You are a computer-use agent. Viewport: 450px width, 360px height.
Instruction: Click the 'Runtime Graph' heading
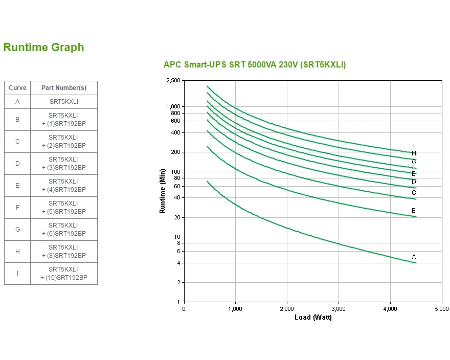(x=43, y=48)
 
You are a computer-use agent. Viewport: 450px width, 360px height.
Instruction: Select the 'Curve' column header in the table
(x=17, y=88)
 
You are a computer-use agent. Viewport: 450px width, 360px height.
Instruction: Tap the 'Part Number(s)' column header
(x=64, y=88)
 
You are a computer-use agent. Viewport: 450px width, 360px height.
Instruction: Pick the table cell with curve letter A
(x=17, y=102)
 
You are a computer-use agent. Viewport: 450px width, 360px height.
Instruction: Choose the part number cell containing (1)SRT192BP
(x=64, y=120)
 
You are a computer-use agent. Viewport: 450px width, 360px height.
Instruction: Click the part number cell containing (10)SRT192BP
(x=64, y=274)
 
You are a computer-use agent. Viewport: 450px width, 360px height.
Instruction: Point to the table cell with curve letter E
(x=17, y=186)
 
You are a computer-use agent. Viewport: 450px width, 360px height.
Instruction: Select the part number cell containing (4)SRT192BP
(x=64, y=186)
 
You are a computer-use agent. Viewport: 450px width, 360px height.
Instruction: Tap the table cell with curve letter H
(x=17, y=252)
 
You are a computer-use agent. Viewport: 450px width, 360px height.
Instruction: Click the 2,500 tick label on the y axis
(x=173, y=81)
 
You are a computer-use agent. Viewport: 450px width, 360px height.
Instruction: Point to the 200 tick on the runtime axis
(x=176, y=152)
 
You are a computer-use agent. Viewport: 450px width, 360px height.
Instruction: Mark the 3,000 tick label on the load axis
(x=339, y=309)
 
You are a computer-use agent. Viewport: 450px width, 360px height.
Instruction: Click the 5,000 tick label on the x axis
(x=441, y=309)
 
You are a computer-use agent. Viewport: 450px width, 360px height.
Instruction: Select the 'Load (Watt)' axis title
(x=313, y=318)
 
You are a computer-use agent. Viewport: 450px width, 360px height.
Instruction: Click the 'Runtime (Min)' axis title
(x=163, y=191)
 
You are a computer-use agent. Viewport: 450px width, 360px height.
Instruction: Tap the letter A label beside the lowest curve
(x=414, y=256)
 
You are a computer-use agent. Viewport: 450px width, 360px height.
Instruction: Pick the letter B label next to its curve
(x=414, y=211)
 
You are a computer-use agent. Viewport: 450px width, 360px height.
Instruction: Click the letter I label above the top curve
(x=414, y=147)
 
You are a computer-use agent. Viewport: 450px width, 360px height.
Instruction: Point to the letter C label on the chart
(x=414, y=193)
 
